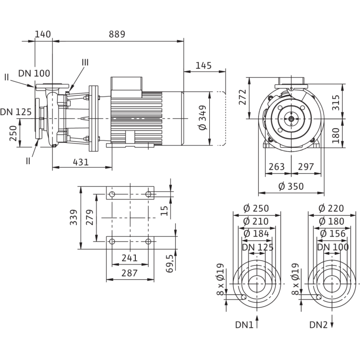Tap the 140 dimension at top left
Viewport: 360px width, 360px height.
[x=43, y=35]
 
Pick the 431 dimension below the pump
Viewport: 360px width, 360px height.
[x=80, y=162]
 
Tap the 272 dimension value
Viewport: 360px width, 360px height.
[x=242, y=98]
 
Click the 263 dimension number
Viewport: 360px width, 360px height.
[x=276, y=167]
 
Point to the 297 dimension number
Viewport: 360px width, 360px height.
[x=305, y=167]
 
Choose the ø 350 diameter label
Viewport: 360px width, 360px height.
[x=291, y=187]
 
